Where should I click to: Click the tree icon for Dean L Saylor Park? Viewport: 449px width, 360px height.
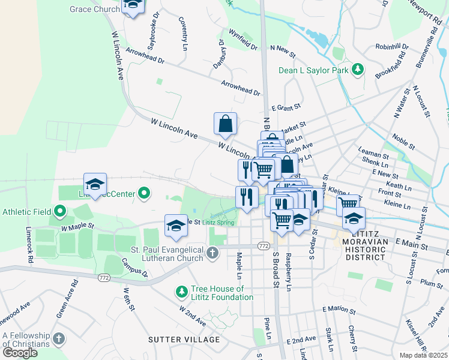pyautogui.click(x=358, y=70)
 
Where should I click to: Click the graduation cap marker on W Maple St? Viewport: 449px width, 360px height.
pyautogui.click(x=176, y=226)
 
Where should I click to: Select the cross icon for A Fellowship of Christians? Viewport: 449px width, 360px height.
pyautogui.click(x=58, y=339)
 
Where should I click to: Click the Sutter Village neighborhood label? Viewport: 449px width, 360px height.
pyautogui.click(x=184, y=340)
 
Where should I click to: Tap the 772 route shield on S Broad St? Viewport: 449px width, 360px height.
pyautogui.click(x=263, y=246)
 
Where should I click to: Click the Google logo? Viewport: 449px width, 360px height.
pyautogui.click(x=20, y=353)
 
